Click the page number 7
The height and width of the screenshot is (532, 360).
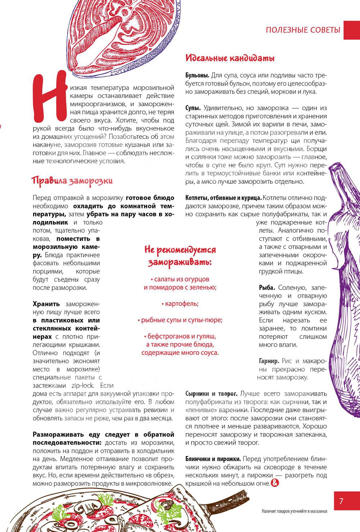pyautogui.click(x=341, y=501)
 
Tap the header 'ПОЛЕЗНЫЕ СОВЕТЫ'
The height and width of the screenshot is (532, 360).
pyautogui.click(x=303, y=30)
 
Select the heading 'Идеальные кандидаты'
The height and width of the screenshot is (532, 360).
pyautogui.click(x=230, y=58)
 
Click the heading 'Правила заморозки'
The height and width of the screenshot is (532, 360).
pyautogui.click(x=72, y=180)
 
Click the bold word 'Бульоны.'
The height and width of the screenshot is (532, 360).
pyautogui.click(x=197, y=76)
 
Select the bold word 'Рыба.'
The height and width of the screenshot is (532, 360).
pyautogui.click(x=267, y=288)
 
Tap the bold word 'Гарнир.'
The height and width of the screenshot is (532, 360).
pyautogui.click(x=269, y=361)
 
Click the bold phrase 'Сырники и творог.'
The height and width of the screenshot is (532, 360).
pyautogui.click(x=211, y=393)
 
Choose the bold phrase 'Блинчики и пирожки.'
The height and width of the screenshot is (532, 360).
pyautogui.click(x=213, y=459)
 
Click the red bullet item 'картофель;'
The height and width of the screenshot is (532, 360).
pyautogui.click(x=180, y=303)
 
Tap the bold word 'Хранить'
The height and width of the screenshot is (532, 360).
pyautogui.click(x=46, y=304)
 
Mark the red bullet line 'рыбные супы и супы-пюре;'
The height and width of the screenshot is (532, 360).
pyautogui.click(x=180, y=320)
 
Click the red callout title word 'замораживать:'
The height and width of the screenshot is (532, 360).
pyautogui.click(x=180, y=262)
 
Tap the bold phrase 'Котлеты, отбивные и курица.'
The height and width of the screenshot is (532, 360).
pyautogui.click(x=223, y=198)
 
